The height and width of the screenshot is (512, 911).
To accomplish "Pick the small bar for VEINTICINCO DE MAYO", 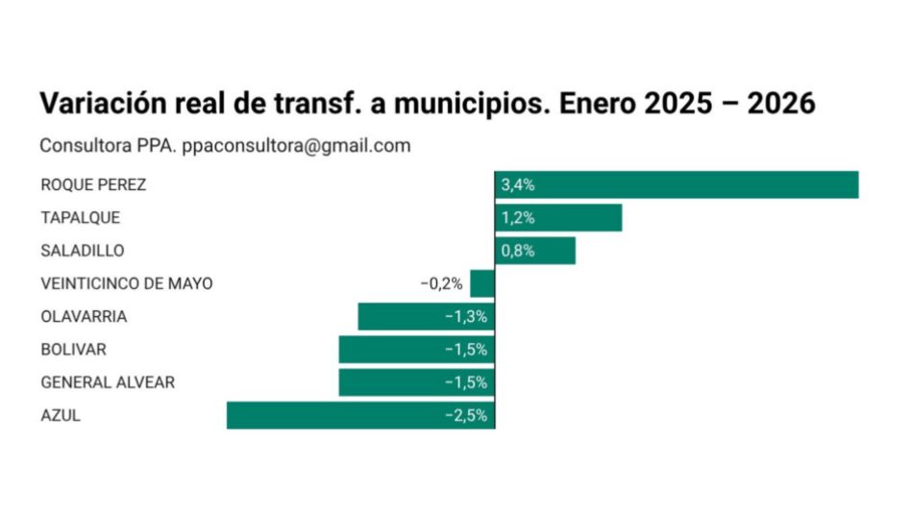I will pyautogui.click(x=482, y=283).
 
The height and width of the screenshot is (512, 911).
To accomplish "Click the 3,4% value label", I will pyautogui.click(x=518, y=184).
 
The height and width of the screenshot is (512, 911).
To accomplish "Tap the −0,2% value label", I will pyautogui.click(x=441, y=283).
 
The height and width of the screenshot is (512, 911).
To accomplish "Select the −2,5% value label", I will pyautogui.click(x=466, y=415).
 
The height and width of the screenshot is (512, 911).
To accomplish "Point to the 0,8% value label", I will pyautogui.click(x=518, y=251).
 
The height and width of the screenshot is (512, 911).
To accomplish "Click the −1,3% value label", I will pyautogui.click(x=466, y=316).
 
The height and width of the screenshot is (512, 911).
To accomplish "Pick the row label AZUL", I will pyautogui.click(x=61, y=415).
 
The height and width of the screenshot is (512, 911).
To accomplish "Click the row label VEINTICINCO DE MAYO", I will pyautogui.click(x=127, y=283).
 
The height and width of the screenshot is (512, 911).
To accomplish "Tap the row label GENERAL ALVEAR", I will pyautogui.click(x=108, y=382).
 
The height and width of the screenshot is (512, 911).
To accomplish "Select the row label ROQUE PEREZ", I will pyautogui.click(x=93, y=184).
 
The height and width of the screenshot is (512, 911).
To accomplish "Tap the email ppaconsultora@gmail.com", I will pyautogui.click(x=296, y=146).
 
